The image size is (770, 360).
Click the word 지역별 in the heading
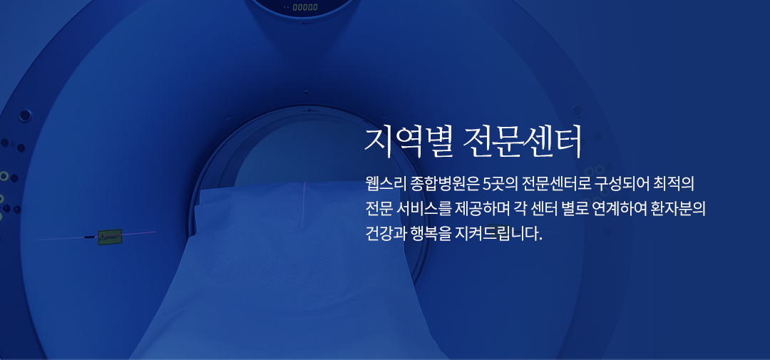point(407,142)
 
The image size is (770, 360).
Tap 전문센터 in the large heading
point(523,142)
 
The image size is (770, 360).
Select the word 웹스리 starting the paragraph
point(381,185)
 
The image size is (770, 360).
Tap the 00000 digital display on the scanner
point(305,7)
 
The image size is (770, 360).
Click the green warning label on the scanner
point(110,237)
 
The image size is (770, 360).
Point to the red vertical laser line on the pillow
point(304,205)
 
